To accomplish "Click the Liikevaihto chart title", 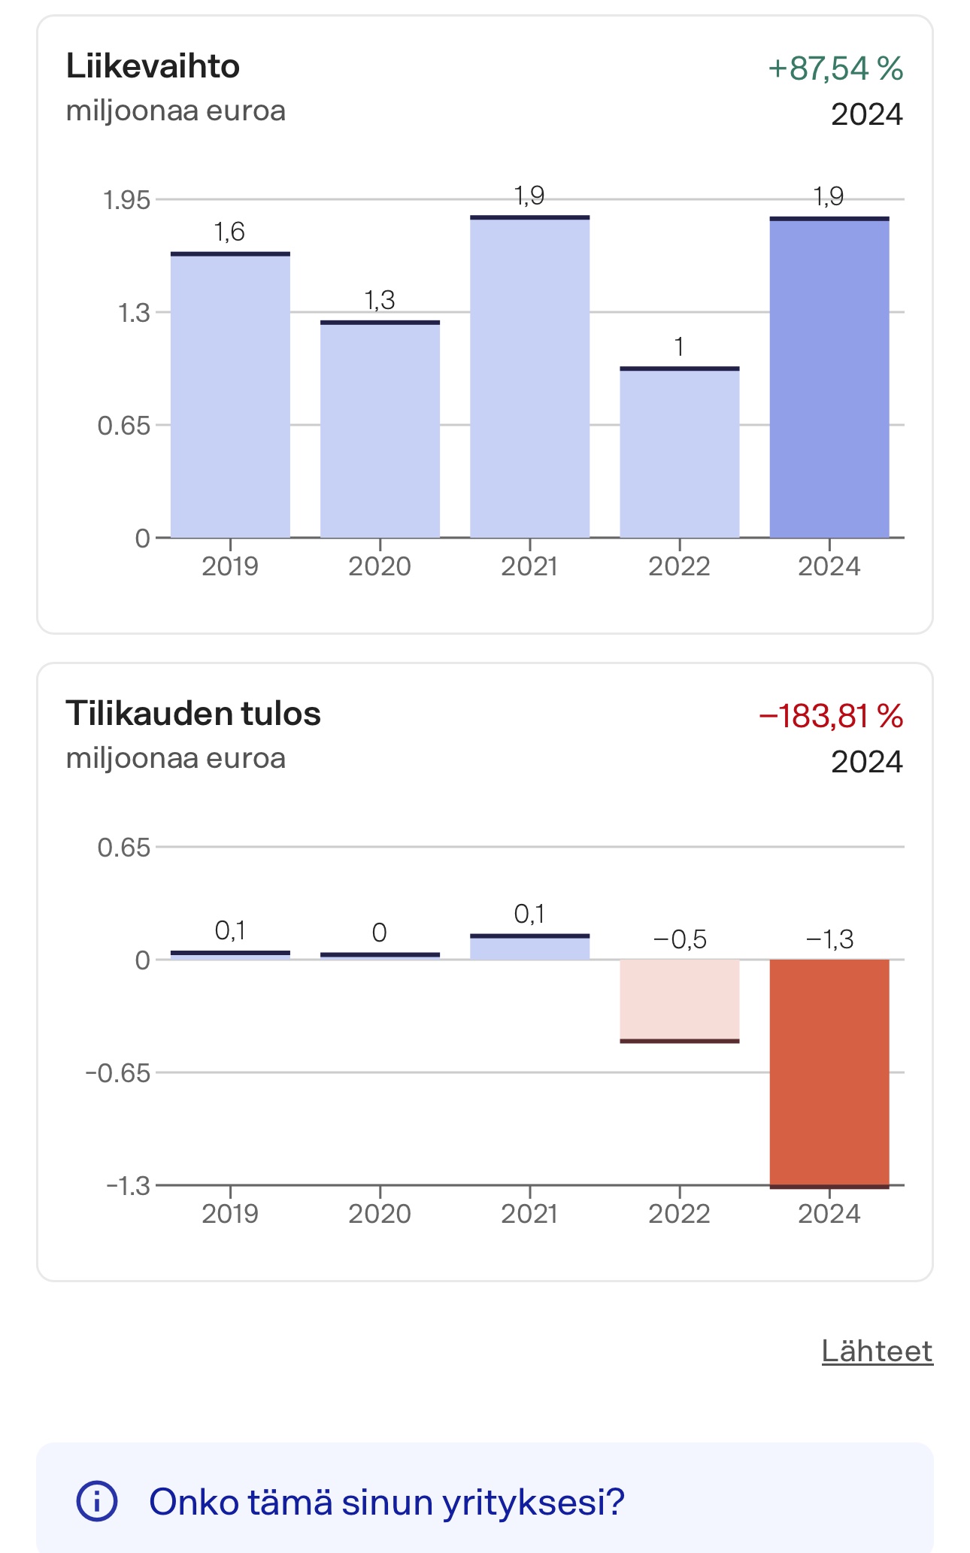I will (x=153, y=67).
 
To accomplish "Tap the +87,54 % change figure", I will (x=835, y=68).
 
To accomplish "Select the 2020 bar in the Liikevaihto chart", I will (x=380, y=429).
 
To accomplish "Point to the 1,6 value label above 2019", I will (x=229, y=232).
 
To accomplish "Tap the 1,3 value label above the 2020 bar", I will (x=380, y=300).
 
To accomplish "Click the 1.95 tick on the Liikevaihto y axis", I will (x=126, y=200).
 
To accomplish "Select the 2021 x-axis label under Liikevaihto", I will (x=529, y=566).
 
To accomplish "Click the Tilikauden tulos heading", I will (x=193, y=714).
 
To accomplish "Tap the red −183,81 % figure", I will (x=830, y=716).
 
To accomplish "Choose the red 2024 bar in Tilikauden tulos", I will (x=829, y=1072).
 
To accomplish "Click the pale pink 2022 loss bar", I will (x=679, y=1000).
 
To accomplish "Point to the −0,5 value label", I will (x=679, y=939).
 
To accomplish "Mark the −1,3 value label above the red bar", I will (x=829, y=939).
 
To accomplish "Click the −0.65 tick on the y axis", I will (x=118, y=1072).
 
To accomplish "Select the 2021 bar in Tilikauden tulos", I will (x=529, y=947).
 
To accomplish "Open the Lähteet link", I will (x=877, y=1351).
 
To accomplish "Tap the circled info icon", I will (x=97, y=1502).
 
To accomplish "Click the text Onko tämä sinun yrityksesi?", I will (x=386, y=1502).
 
